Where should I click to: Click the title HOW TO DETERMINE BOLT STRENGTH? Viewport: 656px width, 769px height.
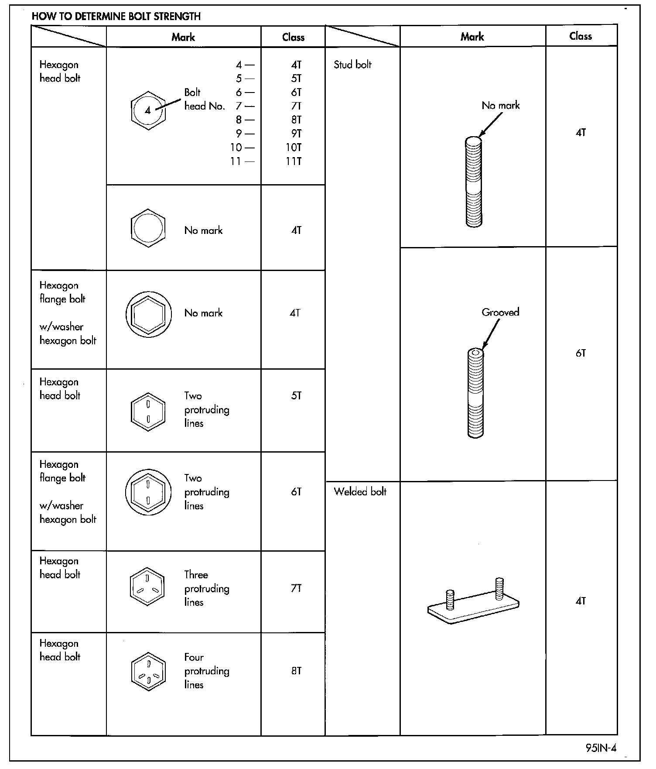[116, 17]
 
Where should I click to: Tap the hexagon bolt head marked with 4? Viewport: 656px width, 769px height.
[148, 110]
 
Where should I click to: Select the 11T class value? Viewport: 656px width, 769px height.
[294, 161]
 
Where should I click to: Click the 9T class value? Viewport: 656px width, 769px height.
[296, 134]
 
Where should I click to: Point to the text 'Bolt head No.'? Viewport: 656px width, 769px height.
[204, 99]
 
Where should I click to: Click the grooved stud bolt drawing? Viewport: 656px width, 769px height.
[475, 392]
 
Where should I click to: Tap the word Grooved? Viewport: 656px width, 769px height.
[500, 312]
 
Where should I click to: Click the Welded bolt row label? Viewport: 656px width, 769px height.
[360, 492]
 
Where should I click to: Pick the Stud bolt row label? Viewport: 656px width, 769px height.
[352, 65]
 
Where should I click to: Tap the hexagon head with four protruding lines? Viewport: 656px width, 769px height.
[148, 672]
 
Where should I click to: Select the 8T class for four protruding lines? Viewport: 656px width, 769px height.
[296, 671]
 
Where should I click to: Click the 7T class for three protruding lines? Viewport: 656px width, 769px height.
[296, 588]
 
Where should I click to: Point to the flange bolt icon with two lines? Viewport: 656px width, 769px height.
[148, 492]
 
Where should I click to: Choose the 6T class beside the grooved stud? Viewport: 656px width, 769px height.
[581, 353]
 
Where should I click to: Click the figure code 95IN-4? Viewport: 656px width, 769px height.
[601, 748]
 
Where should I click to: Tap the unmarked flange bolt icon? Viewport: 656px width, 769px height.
[148, 314]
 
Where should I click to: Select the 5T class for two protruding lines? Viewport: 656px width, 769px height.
[296, 395]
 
